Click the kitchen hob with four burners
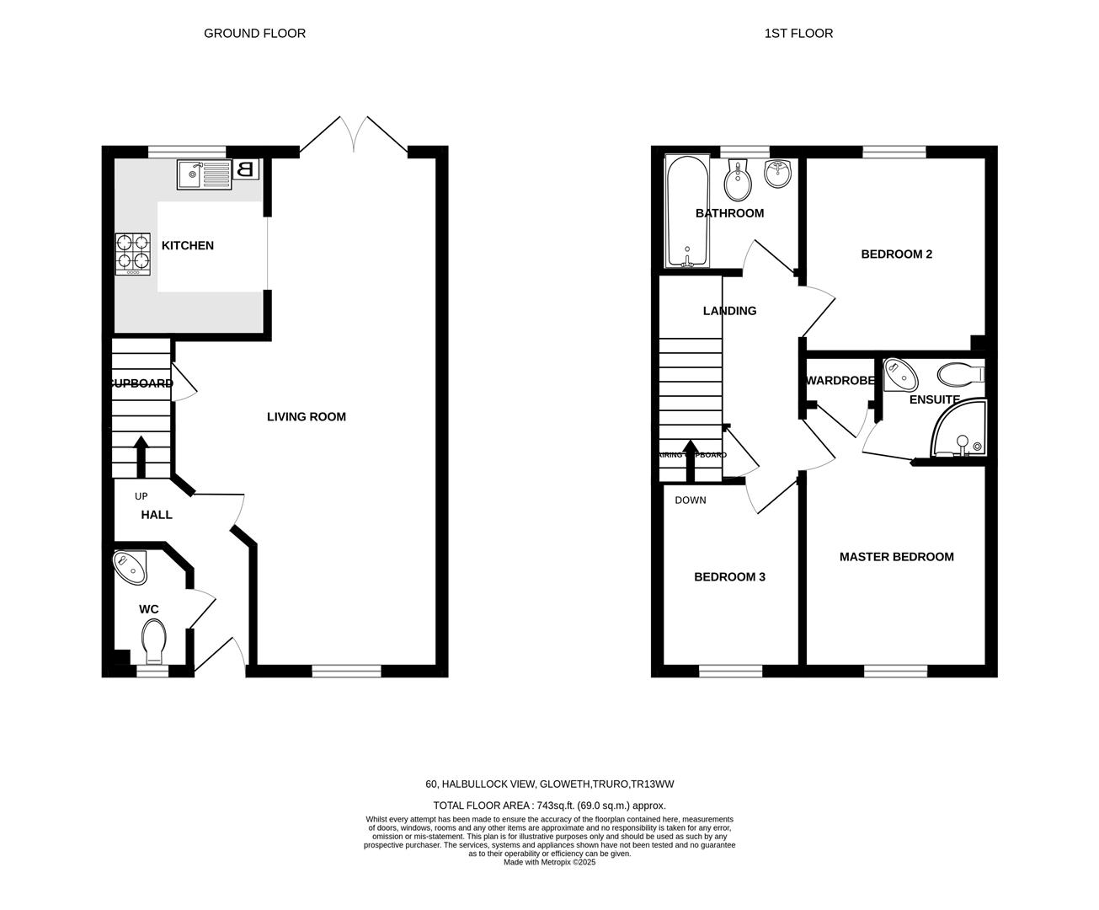133,253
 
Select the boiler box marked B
246,169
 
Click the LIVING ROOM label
306,416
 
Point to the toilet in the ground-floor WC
154,641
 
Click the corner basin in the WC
131,567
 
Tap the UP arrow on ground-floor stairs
141,456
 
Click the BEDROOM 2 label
896,254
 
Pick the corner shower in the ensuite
960,432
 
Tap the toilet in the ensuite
960,372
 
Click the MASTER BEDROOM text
896,556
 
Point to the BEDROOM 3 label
729,576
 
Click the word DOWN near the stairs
691,500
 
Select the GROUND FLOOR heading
254,33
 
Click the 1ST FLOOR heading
798,33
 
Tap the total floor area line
549,805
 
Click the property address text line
549,784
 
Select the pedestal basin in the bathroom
776,174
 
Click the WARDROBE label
840,380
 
